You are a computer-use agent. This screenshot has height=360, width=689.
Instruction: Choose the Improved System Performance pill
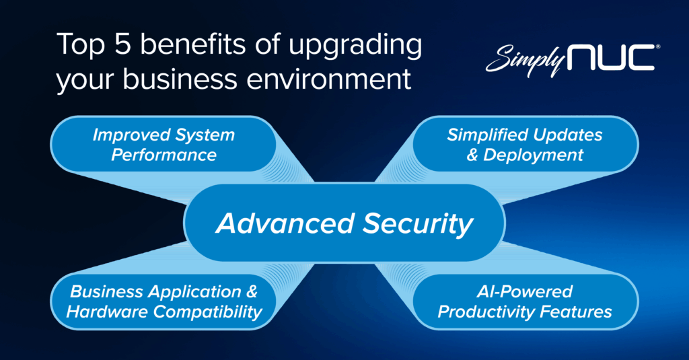pyautogui.click(x=164, y=145)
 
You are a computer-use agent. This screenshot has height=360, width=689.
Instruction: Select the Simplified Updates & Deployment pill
pyautogui.click(x=524, y=145)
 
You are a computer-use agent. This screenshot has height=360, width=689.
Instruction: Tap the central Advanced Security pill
pyautogui.click(x=344, y=223)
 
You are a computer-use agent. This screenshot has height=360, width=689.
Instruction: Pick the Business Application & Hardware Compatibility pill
pyautogui.click(x=164, y=301)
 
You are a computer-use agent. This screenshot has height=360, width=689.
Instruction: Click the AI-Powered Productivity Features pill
pyautogui.click(x=524, y=301)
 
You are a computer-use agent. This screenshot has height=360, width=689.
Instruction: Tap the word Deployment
pyautogui.click(x=533, y=155)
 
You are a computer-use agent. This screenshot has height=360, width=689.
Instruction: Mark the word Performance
pyautogui.click(x=164, y=155)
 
